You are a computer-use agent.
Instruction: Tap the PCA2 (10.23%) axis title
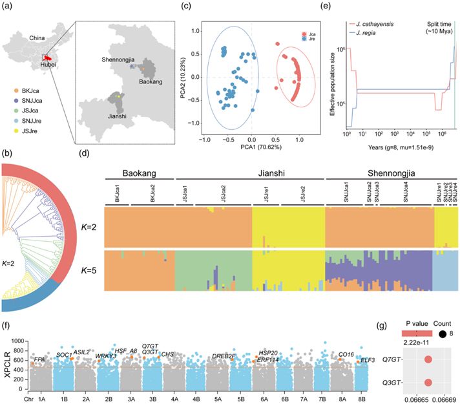tap(181, 80)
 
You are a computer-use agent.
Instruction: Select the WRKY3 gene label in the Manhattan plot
tap(107, 356)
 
